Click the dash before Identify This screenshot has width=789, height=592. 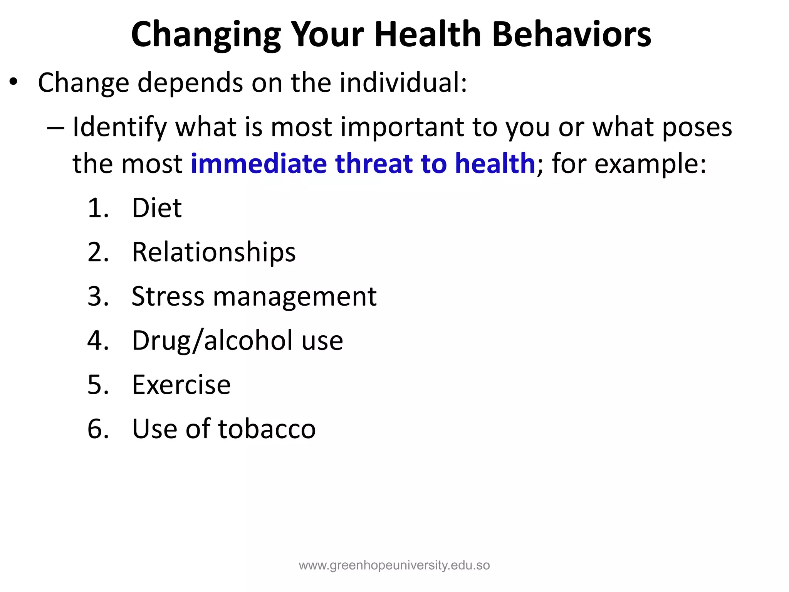55,128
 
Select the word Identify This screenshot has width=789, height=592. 120,128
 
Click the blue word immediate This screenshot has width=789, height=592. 259,163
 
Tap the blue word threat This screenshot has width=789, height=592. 374,163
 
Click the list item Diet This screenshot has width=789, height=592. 156,208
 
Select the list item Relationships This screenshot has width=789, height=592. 213,253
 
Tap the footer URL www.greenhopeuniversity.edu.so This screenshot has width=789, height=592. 394,565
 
